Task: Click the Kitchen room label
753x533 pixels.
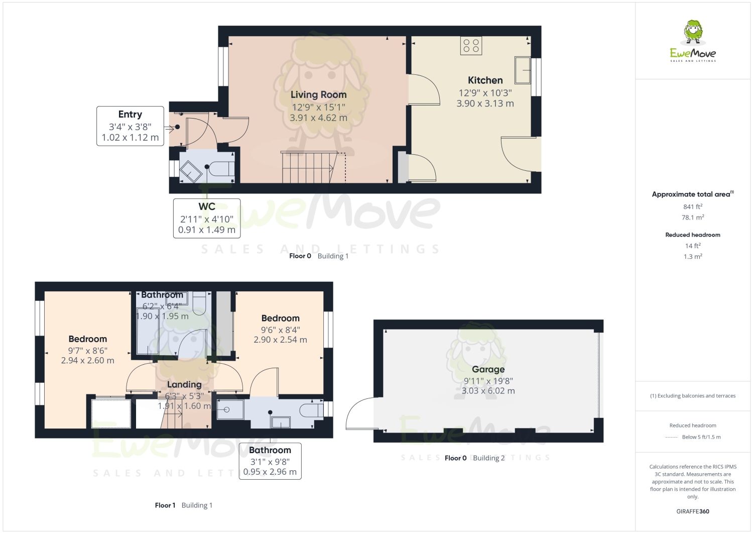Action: [485, 80]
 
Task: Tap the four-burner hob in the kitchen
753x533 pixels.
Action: [471, 46]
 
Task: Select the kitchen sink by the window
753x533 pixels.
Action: [523, 70]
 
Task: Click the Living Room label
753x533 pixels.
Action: [318, 95]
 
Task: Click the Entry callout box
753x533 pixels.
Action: [130, 126]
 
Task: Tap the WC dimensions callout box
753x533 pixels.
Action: [207, 219]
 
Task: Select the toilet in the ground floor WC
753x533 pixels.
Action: [221, 169]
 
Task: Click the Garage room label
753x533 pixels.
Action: [488, 369]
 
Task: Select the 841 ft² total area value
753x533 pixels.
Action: [692, 206]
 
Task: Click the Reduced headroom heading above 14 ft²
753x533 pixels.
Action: [692, 235]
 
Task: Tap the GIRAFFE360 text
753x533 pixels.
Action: [692, 511]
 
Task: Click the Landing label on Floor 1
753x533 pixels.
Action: [184, 385]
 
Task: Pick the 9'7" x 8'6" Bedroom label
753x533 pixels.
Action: [88, 339]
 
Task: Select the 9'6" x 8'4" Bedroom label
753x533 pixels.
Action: [280, 318]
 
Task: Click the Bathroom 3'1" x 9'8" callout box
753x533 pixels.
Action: [270, 461]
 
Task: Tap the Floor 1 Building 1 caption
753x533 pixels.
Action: [184, 505]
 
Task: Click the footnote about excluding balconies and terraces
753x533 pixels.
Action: [692, 396]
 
